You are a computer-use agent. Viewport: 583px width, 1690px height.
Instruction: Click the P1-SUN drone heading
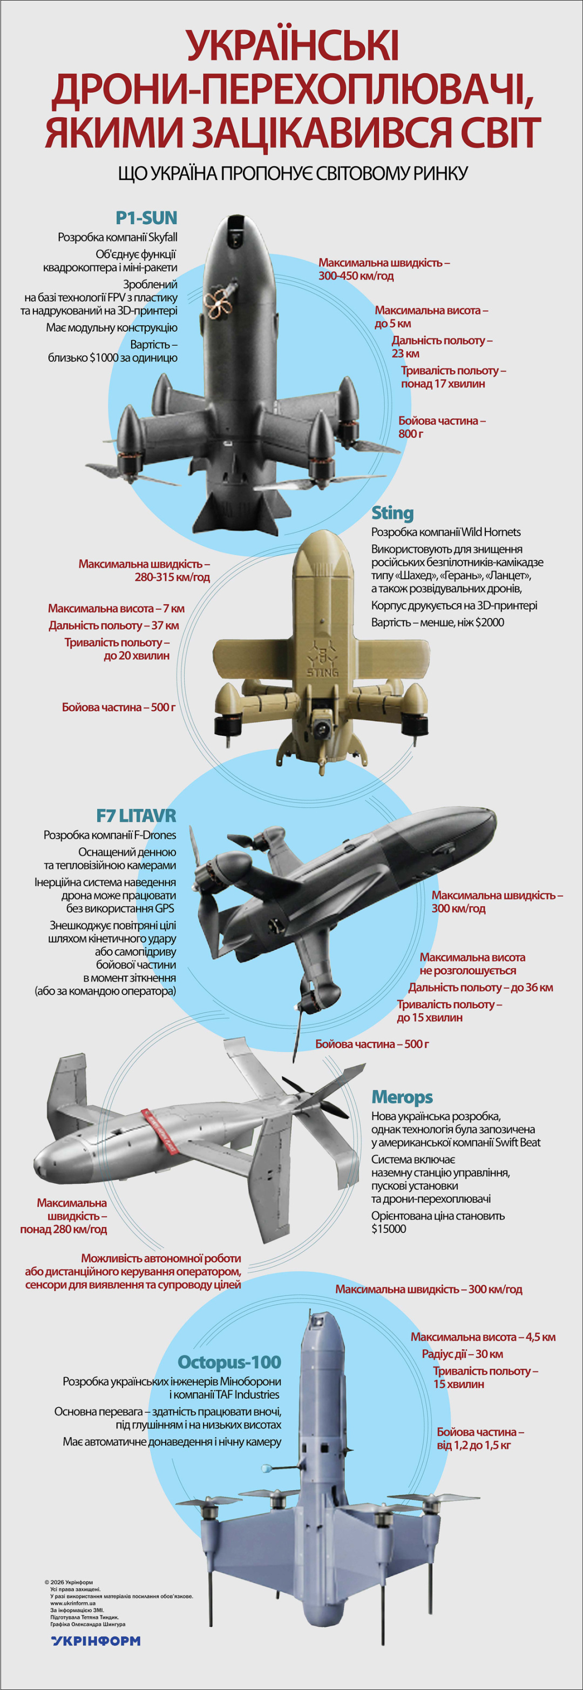click(x=146, y=218)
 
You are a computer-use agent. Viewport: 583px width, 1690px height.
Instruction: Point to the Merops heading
click(x=402, y=1097)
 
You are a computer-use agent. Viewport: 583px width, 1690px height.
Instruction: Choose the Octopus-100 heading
click(x=229, y=1362)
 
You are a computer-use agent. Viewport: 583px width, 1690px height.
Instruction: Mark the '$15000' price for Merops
click(x=389, y=1229)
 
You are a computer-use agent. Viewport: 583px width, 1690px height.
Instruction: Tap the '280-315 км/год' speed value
click(x=173, y=578)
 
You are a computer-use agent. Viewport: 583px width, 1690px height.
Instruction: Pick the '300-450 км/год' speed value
click(x=356, y=276)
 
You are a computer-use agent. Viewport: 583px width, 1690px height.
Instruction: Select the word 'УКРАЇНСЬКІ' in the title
click(x=292, y=46)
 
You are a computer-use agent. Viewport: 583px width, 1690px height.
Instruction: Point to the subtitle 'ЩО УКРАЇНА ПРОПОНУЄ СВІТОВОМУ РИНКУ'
click(x=292, y=173)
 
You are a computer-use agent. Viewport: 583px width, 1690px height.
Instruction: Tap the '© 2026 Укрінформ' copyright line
click(x=69, y=1582)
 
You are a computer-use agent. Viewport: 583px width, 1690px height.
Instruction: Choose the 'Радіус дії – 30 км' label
click(x=462, y=1354)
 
